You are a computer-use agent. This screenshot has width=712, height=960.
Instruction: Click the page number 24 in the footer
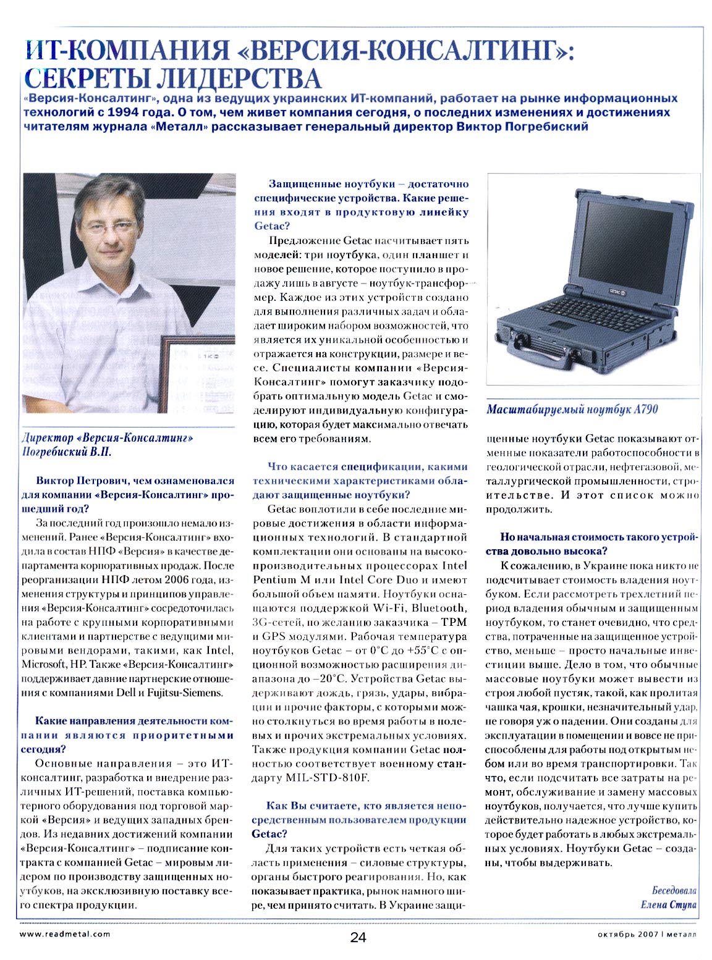[x=358, y=937]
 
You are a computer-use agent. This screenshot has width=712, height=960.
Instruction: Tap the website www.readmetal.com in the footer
[x=65, y=934]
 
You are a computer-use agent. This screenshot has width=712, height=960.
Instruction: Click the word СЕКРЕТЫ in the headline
[x=87, y=78]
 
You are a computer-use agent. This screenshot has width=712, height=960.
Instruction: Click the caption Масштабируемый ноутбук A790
[x=572, y=409]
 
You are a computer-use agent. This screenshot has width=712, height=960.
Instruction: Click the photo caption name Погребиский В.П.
[x=67, y=452]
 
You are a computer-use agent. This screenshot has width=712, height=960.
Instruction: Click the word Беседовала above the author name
[x=674, y=890]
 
